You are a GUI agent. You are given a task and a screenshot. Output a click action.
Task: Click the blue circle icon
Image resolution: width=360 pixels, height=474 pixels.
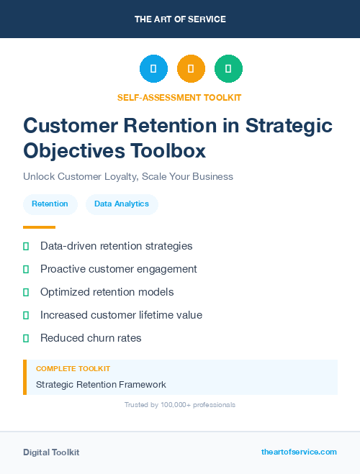153,69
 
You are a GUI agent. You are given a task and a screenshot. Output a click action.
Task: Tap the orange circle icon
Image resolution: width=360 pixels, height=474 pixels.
191,69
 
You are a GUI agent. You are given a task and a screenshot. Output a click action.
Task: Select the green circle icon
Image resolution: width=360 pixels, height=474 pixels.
228,69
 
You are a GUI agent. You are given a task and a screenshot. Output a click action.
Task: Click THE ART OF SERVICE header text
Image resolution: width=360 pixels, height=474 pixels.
180,19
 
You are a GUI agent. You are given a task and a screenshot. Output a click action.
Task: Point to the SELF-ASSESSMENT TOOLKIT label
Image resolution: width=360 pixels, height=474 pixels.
179,97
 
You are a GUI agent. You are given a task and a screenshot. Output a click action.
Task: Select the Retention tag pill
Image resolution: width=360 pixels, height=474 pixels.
50,204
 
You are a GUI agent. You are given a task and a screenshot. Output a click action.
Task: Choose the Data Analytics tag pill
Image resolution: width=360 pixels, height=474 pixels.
122,204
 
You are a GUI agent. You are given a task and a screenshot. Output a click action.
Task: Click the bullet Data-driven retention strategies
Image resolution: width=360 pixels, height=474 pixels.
116,246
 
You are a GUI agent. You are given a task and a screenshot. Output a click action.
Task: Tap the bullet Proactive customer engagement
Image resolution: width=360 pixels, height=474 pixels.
118,269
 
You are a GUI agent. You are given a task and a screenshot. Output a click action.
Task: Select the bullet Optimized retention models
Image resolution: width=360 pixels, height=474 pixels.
107,292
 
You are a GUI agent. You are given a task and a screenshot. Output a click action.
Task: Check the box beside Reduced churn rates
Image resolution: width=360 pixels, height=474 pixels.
26,338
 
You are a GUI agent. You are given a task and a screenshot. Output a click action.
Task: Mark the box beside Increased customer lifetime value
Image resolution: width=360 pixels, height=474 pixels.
26,315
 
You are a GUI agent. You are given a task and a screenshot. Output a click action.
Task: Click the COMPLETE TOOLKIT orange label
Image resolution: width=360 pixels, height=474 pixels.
73,368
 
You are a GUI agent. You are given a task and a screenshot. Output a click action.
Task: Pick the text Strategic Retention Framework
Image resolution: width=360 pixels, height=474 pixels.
101,384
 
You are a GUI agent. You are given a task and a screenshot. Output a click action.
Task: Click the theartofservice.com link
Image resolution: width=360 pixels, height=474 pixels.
299,452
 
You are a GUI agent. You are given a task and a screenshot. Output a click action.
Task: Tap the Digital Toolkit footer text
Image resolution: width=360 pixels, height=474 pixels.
51,452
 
